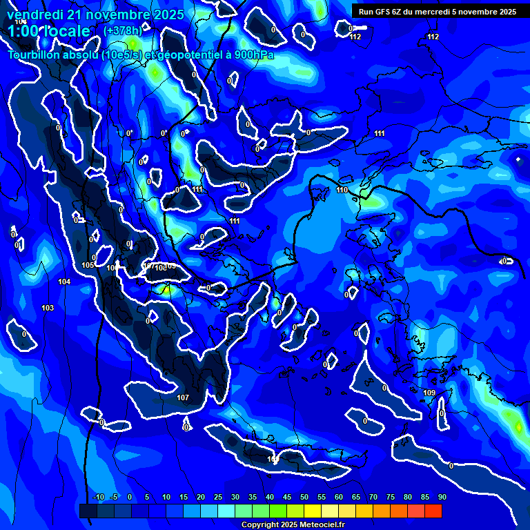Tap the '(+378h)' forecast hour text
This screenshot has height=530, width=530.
click(122, 30)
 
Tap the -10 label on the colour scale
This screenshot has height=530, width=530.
click(99, 497)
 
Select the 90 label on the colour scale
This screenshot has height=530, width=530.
click(442, 497)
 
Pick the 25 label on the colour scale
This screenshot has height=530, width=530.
click(217, 497)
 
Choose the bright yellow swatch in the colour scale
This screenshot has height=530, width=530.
click(312, 511)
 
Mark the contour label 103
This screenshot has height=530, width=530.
click(48, 308)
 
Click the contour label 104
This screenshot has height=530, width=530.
click(64, 282)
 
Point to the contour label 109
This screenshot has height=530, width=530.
click(429, 393)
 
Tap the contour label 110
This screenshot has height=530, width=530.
click(342, 190)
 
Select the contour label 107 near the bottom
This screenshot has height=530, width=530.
click(183, 397)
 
